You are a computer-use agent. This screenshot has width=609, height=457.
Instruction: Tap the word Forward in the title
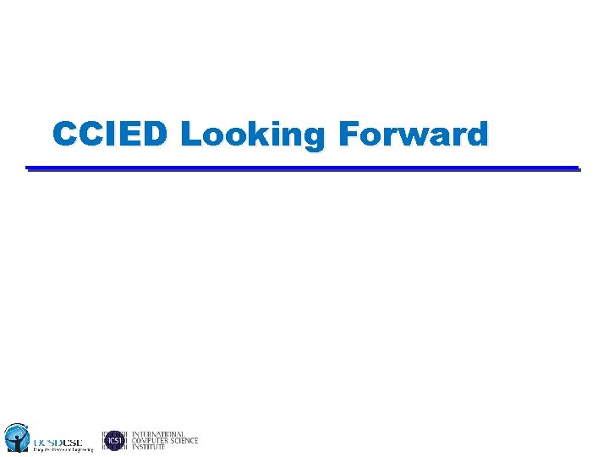pos(413,135)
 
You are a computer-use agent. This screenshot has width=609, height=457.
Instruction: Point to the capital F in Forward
pos(348,135)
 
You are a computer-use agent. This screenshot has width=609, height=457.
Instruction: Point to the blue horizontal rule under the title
pos(303,168)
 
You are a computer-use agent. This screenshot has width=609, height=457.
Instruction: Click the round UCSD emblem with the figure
pos(17,437)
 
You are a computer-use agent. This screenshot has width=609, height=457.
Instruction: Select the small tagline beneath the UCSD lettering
pos(63,449)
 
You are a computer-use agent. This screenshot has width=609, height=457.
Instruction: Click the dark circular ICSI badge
pos(114,440)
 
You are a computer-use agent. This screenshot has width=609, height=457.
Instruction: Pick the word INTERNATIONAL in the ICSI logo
pos(158,434)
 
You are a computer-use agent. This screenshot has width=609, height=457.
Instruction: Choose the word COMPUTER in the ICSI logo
pos(151,441)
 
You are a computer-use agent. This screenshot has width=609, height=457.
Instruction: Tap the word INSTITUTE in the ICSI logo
pos(149,447)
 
